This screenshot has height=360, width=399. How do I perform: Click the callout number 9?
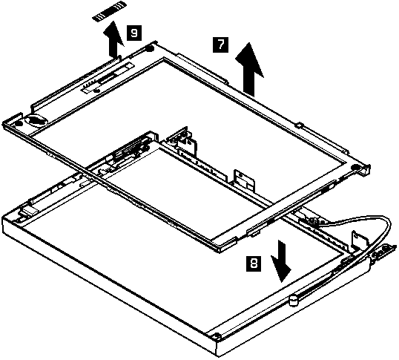133,33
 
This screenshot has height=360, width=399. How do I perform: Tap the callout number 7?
220,45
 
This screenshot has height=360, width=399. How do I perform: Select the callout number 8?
254,264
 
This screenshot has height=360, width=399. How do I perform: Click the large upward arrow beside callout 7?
249,69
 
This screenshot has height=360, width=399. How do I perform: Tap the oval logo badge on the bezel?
36,120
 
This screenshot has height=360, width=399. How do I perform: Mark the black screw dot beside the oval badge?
19,124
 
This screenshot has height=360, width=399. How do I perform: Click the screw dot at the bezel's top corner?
150,48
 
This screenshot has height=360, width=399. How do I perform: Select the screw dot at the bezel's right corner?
355,167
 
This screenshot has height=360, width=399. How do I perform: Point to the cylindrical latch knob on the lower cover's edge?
294,301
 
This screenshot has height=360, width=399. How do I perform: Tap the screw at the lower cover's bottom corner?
217,336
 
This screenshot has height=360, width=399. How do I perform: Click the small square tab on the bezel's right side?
300,125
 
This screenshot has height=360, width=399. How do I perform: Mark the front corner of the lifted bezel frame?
220,252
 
